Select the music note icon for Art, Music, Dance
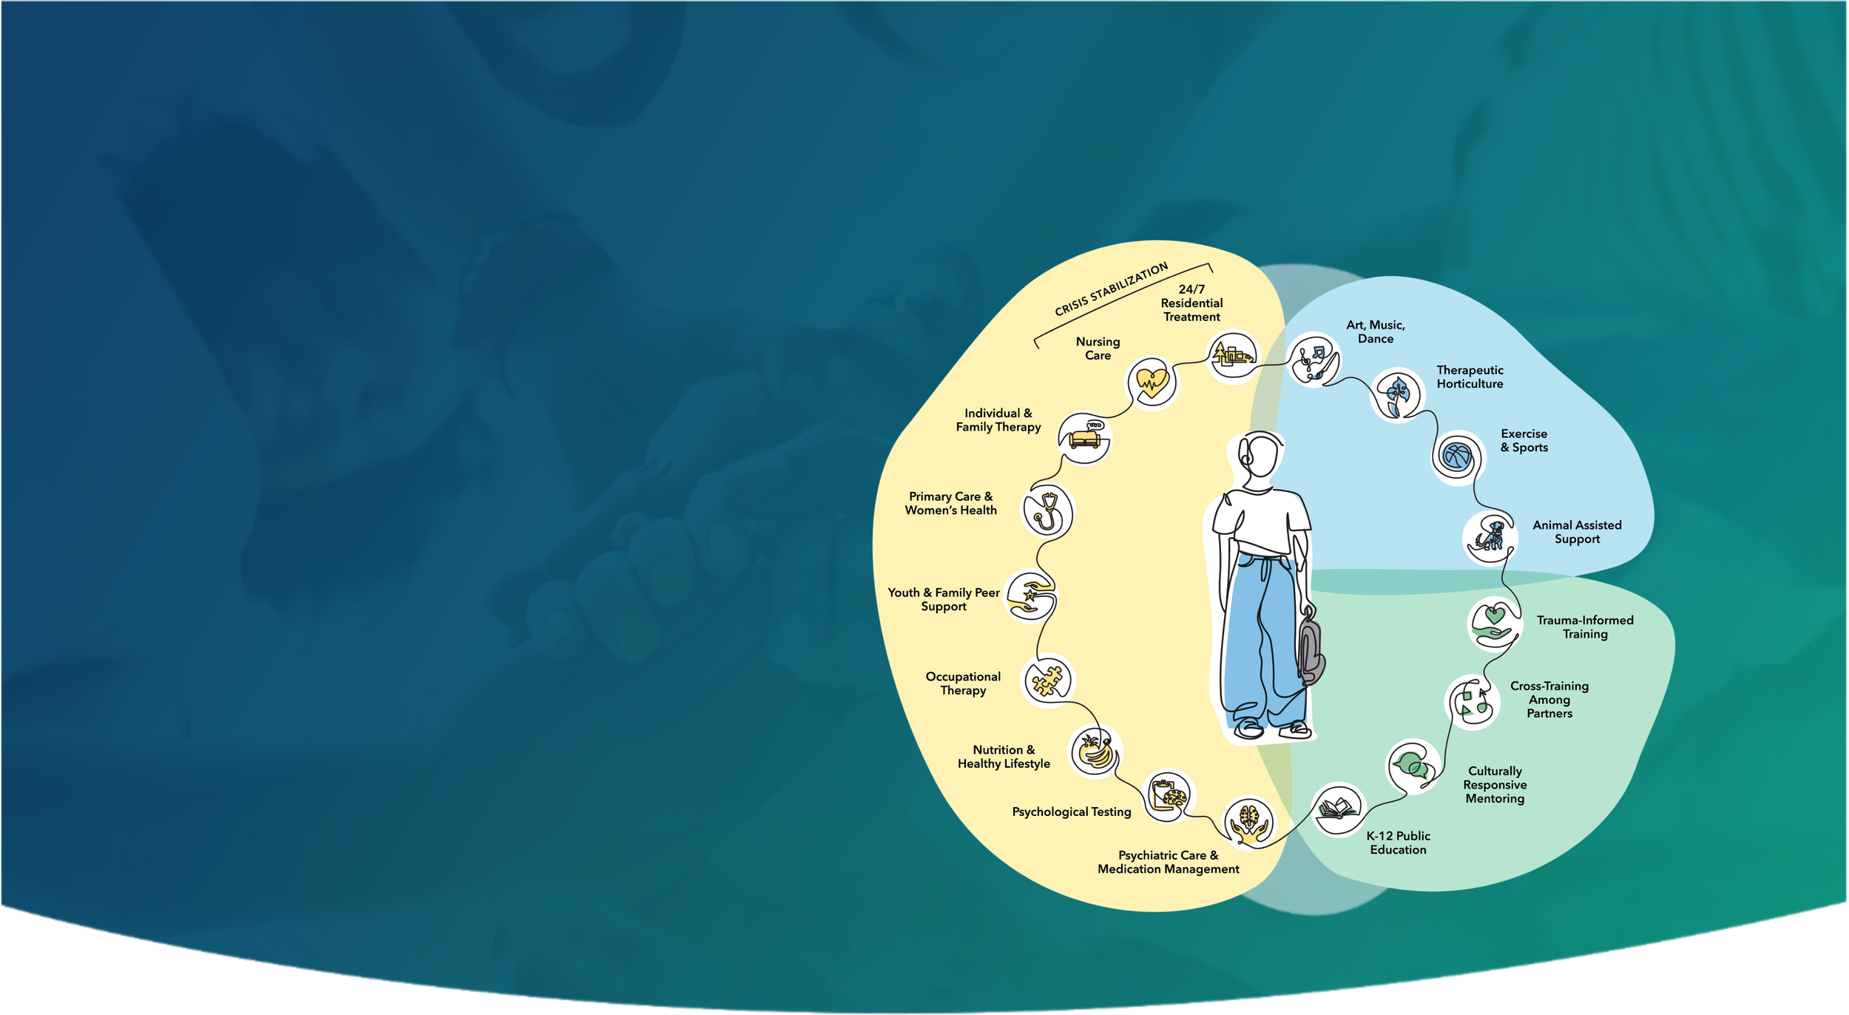pyautogui.click(x=1313, y=360)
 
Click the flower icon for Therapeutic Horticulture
pyautogui.click(x=1397, y=394)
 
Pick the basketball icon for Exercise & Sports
pyautogui.click(x=1456, y=456)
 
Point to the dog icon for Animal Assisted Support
pyautogui.click(x=1490, y=536)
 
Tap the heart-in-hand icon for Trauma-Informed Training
pyautogui.click(x=1494, y=623)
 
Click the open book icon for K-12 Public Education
pyautogui.click(x=1337, y=809)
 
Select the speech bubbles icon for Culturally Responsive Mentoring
pyautogui.click(x=1412, y=766)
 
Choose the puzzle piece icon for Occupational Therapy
pyautogui.click(x=1047, y=681)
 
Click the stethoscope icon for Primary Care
pyautogui.click(x=1047, y=510)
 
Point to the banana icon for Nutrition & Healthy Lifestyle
pyautogui.click(x=1095, y=751)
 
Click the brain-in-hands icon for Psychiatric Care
pyautogui.click(x=1248, y=822)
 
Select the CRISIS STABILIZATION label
pyautogui.click(x=1111, y=289)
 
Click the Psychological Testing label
pyautogui.click(x=1071, y=812)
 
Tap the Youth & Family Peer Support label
pyautogui.click(x=943, y=599)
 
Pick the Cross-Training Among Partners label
pyautogui.click(x=1549, y=699)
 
